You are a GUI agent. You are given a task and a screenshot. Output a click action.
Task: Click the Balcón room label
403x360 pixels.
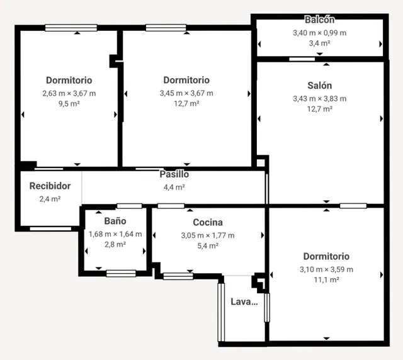coord(319,20)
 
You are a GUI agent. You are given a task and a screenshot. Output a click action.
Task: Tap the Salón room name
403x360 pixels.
coord(319,86)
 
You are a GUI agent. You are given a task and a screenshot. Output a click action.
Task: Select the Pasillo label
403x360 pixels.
coord(174,174)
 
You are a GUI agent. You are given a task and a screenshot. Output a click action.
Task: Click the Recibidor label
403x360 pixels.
coord(50,186)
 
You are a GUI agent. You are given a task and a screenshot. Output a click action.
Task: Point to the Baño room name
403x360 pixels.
coord(115,221)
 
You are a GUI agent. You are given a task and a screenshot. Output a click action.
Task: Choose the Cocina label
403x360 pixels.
coord(208,222)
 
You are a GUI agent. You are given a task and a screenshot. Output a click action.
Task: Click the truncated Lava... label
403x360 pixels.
coord(244,301)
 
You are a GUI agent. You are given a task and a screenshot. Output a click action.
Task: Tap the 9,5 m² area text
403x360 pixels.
coord(69,104)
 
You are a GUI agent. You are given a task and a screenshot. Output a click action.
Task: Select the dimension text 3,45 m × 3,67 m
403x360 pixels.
coord(186,93)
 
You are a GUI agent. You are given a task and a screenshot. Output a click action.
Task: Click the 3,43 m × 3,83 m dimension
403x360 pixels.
coord(319,99)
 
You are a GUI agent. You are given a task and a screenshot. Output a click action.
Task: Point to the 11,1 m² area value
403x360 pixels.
coord(326,279)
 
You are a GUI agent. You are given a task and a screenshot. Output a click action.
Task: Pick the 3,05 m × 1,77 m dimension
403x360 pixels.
coord(208,235)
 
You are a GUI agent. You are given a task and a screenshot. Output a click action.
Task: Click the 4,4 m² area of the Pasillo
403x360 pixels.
coord(174,187)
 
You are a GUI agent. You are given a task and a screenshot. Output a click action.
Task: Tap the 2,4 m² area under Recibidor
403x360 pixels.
coord(50,199)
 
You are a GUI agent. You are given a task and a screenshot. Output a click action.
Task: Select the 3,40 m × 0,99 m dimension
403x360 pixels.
coord(319,33)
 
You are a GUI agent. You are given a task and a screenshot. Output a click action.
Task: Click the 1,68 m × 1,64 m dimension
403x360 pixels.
coord(115,234)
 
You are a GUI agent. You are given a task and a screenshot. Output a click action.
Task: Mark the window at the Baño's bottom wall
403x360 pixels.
coord(121,273)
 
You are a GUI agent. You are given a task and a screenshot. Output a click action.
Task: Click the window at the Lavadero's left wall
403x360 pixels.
coord(221,312)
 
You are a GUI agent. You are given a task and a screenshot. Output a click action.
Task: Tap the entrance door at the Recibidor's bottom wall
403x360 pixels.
coord(50,228)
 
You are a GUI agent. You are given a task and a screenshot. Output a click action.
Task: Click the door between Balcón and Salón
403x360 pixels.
coord(302,59)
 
